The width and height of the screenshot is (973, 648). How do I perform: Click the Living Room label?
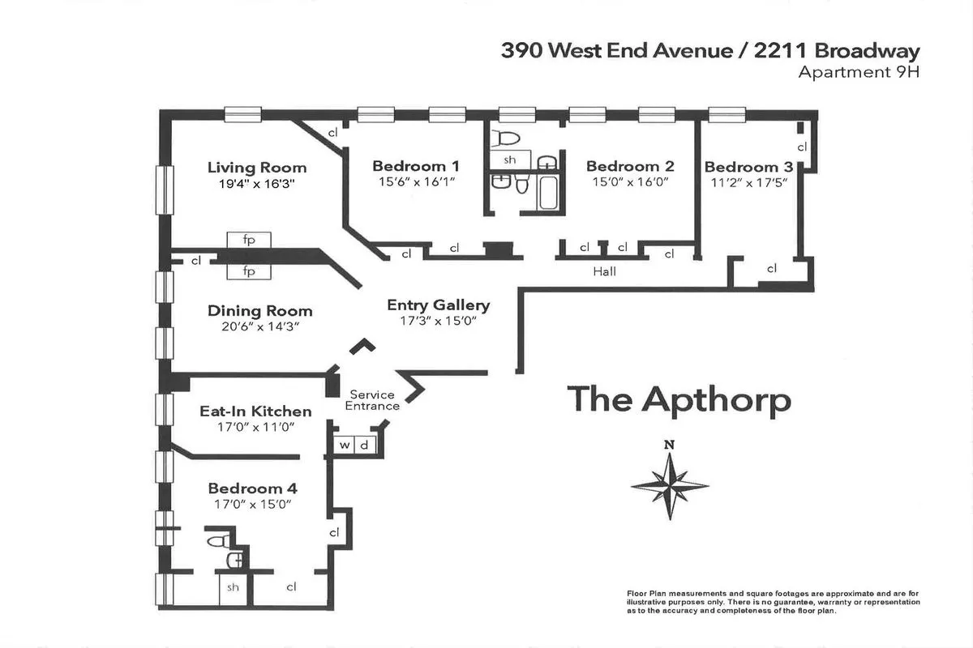(x=257, y=168)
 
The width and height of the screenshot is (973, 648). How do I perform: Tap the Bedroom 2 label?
(x=630, y=166)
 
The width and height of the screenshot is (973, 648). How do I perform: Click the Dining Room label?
(x=259, y=311)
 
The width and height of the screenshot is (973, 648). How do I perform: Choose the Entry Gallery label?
(x=438, y=305)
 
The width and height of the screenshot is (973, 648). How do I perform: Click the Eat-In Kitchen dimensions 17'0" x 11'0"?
(x=244, y=427)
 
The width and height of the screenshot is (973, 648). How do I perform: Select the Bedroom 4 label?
(x=252, y=488)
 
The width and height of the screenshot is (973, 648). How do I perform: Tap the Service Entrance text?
(x=373, y=400)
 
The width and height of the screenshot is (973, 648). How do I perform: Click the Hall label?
(x=604, y=271)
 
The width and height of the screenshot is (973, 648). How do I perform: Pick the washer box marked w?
(x=345, y=445)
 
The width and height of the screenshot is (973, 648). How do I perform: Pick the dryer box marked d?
(x=364, y=445)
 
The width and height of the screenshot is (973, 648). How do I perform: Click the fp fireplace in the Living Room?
(x=249, y=240)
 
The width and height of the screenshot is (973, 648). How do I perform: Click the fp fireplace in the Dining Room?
(x=249, y=271)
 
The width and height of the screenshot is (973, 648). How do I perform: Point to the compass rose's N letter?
(x=669, y=444)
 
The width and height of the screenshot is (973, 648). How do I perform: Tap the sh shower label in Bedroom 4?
(x=233, y=587)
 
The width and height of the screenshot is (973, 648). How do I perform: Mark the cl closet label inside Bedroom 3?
(x=802, y=147)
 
